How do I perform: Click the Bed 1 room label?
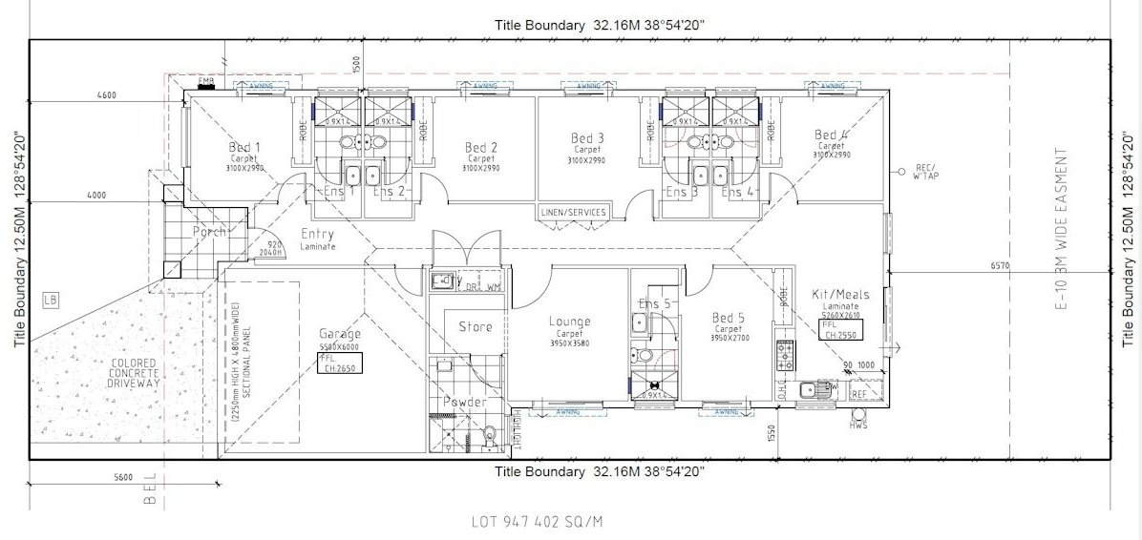point(244,148)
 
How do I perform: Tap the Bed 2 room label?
point(481,148)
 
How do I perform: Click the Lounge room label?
point(570,322)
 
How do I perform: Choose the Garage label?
point(340,335)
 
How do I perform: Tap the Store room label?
point(476,327)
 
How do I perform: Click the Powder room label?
point(463,403)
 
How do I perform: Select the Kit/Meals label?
point(838,295)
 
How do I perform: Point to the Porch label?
point(209,232)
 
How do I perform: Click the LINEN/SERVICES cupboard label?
point(574,212)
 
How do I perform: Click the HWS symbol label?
point(856,425)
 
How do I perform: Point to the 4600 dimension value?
point(107,95)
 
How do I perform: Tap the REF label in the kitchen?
point(859,393)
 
